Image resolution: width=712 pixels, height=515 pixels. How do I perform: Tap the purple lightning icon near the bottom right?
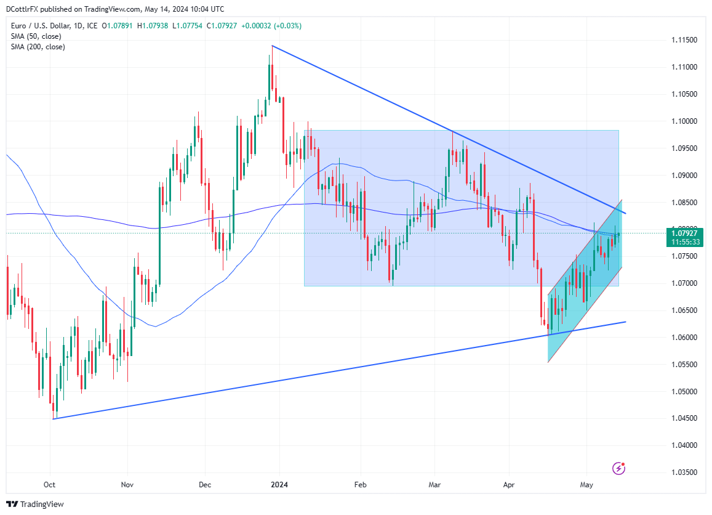[x=619, y=468]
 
